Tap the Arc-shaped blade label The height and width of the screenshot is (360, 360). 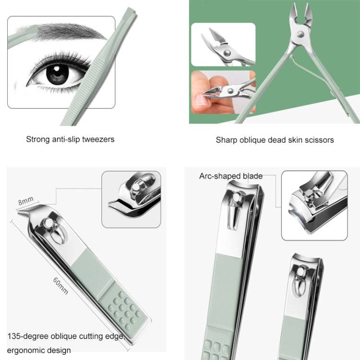point(231,176)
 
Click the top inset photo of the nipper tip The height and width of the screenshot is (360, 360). point(223,44)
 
